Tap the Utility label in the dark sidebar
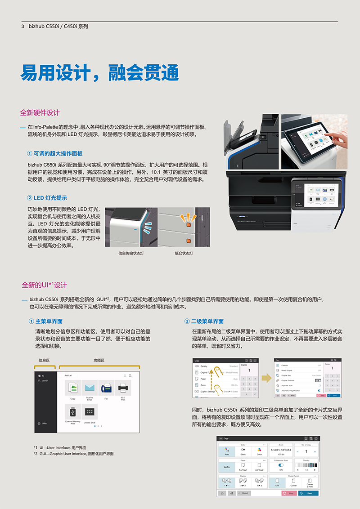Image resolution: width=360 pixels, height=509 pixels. click(44, 423)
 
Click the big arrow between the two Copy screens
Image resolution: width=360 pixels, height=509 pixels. click(266, 378)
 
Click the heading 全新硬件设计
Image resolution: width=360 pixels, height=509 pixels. click(40, 112)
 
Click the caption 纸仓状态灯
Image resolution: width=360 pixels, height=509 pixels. click(184, 254)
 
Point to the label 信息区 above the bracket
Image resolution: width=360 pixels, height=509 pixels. click(44, 361)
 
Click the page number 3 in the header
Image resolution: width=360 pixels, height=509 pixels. click(22, 26)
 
